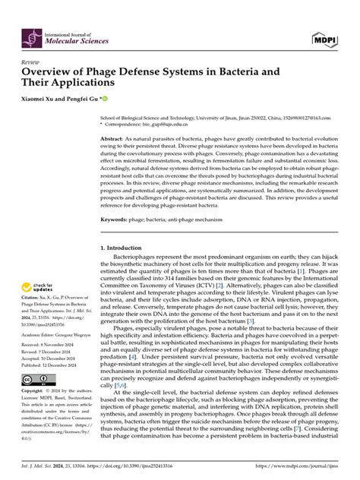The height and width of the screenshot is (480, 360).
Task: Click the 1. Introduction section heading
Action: [x=123, y=248]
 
